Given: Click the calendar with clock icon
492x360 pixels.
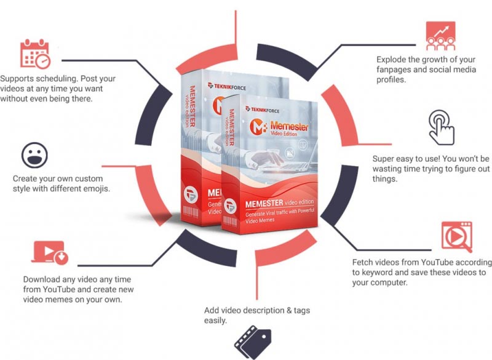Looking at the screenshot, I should pos(34,54).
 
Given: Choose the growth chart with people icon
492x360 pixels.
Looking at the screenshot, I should pos(440,35).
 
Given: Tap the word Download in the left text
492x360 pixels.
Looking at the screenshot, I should pos(42,278).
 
